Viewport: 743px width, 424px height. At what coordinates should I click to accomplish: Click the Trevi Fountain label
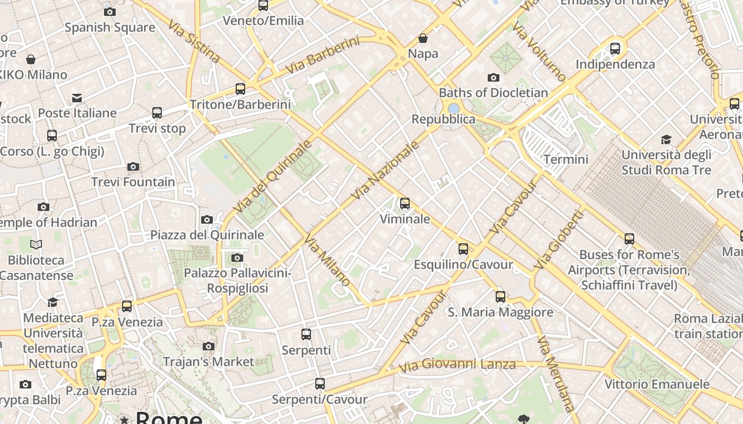(x=133, y=182)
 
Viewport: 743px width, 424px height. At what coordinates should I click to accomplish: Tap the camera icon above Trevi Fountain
(x=133, y=167)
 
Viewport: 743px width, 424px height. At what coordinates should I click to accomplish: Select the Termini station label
(x=566, y=159)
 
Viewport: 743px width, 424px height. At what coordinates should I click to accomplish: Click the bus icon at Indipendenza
(x=615, y=49)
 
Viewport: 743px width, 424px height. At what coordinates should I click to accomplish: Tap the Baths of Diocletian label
(x=493, y=93)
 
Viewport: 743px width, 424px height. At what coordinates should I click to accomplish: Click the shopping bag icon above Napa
(x=423, y=38)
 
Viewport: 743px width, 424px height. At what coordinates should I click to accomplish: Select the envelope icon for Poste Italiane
(x=77, y=98)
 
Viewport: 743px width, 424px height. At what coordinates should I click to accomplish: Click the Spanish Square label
(x=110, y=27)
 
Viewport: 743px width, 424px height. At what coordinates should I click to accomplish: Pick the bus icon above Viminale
(x=405, y=204)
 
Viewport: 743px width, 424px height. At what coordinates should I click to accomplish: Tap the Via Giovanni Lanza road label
(x=457, y=365)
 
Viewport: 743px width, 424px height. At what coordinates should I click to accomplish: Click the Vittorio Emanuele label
(x=656, y=384)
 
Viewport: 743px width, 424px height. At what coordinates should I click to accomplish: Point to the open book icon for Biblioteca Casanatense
(x=36, y=244)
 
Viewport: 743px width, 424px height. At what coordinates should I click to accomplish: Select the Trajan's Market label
(x=209, y=362)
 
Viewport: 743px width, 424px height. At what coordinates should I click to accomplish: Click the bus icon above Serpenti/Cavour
(x=319, y=384)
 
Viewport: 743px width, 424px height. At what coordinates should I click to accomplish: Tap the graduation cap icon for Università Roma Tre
(x=666, y=139)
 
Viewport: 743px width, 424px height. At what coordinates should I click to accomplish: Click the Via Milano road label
(x=327, y=260)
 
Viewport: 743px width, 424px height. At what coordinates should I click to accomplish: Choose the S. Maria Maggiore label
(x=500, y=312)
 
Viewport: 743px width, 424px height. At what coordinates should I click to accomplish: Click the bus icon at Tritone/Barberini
(x=240, y=89)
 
